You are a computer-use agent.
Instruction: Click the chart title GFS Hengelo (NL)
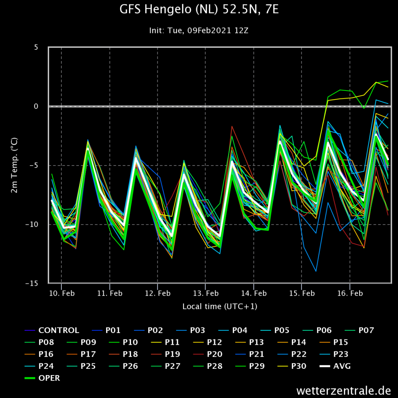[169, 10]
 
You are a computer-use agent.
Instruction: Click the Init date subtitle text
[199, 30]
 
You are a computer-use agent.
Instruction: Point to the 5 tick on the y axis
[36, 47]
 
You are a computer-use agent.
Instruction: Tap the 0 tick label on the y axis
[36, 106]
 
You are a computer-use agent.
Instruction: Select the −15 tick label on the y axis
[32, 283]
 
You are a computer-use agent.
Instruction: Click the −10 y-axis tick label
[32, 224]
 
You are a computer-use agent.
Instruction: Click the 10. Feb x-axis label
[62, 293]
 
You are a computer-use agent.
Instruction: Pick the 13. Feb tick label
[206, 293]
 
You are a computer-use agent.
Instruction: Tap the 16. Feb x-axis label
[350, 293]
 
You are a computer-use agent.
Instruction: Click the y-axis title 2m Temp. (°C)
[14, 165]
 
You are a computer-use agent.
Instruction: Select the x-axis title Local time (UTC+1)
[220, 306]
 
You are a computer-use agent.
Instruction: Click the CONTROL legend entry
[52, 330]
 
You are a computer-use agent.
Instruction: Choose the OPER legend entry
[42, 378]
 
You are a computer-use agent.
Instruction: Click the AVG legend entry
[335, 366]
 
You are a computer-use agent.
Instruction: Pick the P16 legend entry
[39, 354]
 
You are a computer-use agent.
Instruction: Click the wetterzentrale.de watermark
[344, 390]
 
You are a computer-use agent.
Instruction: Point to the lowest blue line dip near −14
[316, 271]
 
